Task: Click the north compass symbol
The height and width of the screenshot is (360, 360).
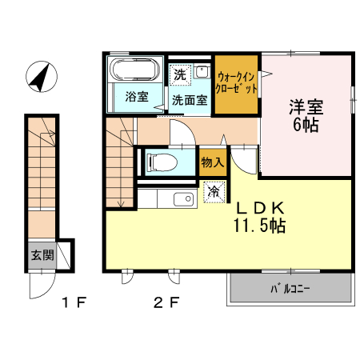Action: pos(40,77)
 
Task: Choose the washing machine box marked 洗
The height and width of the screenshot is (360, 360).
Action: pos(181,73)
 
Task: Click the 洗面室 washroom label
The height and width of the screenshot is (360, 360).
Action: pos(190,101)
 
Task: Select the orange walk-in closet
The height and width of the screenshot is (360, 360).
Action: pos(236,84)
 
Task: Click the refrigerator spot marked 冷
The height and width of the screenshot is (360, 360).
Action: pos(214,192)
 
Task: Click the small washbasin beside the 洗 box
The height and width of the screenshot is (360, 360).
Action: pos(202,72)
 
